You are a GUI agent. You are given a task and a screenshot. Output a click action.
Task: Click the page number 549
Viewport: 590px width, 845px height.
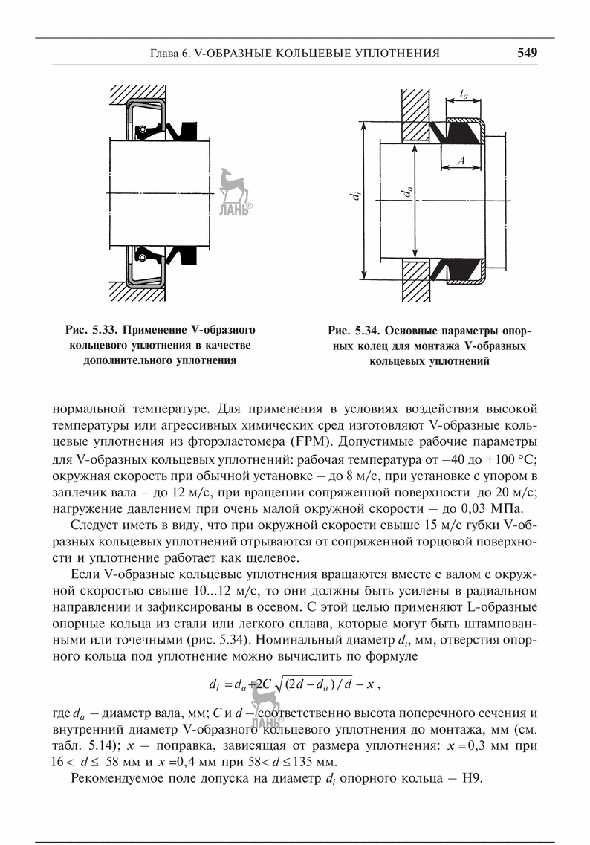click(x=527, y=53)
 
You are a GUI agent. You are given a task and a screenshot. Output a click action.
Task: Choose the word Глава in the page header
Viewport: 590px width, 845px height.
click(x=166, y=54)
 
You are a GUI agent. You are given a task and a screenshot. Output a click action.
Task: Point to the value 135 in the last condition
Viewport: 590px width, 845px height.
click(x=315, y=763)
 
